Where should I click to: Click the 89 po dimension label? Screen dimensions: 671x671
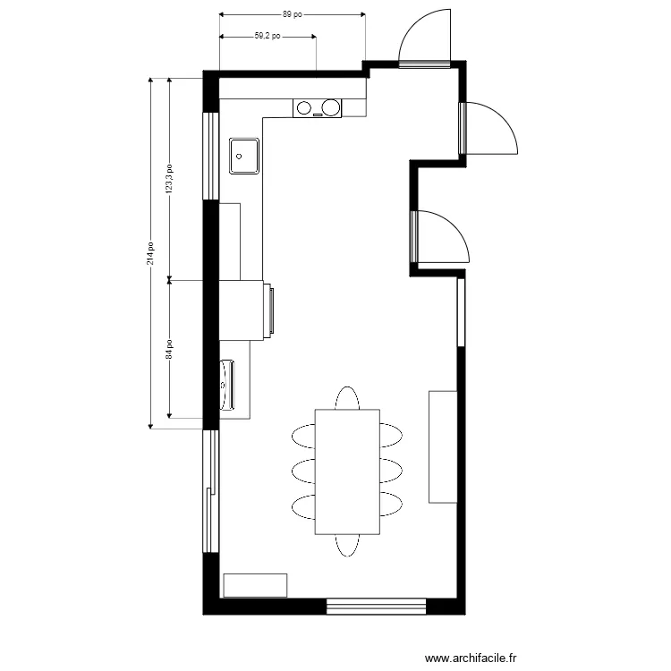292,14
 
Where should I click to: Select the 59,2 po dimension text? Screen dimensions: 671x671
268,37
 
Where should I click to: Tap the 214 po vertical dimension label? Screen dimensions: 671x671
152,251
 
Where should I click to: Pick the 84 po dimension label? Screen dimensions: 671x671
170,349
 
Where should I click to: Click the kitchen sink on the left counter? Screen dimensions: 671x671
244,155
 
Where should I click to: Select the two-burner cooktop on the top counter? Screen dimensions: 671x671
318,108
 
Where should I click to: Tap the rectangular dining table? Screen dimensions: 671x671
347,471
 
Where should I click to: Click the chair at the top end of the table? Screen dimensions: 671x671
347,398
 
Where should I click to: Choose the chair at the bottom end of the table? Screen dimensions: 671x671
347,545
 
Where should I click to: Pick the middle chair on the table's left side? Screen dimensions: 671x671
303,471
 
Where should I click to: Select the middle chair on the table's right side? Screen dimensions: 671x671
391,471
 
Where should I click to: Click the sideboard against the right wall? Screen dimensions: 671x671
443,446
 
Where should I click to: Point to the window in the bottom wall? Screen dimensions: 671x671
375,607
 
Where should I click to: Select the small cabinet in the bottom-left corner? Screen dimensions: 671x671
255,585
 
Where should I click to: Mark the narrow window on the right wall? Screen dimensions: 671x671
461,312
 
